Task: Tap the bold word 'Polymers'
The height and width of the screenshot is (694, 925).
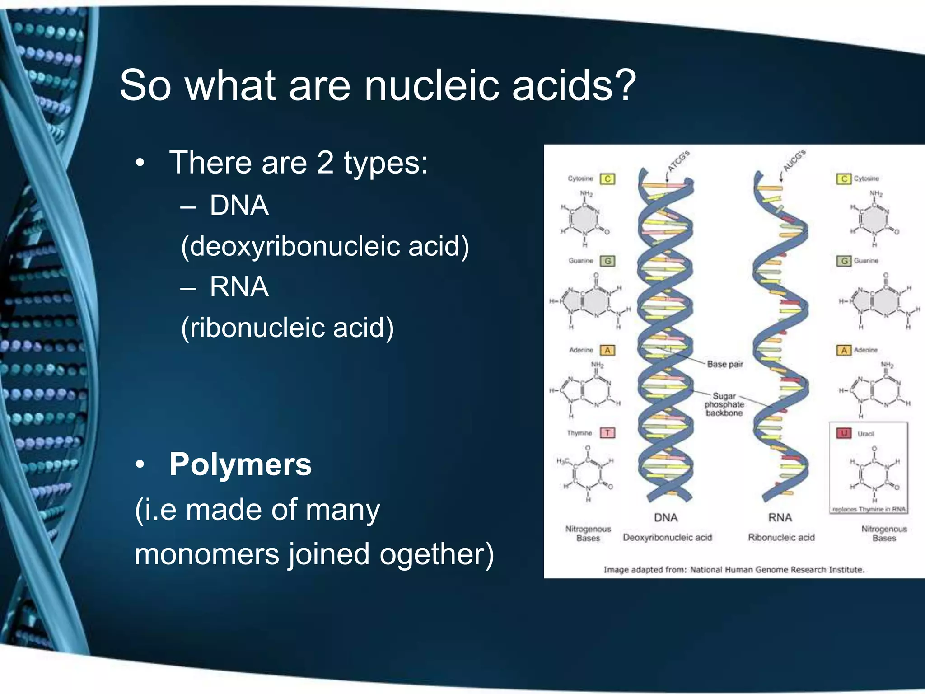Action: point(240,464)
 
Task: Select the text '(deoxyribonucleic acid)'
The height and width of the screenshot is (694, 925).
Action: point(325,247)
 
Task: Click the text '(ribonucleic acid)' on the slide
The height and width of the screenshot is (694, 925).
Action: point(287,328)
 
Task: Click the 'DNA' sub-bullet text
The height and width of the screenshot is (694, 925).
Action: point(239,206)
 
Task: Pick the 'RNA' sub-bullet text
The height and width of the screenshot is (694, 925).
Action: point(239,287)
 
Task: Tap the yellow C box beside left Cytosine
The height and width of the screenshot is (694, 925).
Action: point(607,179)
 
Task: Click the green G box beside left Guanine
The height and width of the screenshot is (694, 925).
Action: point(607,261)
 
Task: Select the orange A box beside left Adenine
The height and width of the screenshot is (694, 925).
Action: point(607,350)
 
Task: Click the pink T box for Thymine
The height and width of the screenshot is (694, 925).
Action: point(607,433)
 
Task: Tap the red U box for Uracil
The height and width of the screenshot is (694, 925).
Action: point(843,433)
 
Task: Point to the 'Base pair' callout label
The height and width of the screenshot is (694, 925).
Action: point(724,364)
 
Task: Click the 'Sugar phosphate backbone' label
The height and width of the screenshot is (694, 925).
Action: point(724,404)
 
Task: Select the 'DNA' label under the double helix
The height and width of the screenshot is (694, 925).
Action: point(666,517)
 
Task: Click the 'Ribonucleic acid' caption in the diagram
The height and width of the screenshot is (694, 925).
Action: point(781,538)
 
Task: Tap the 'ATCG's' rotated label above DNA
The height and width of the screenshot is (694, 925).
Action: point(679,161)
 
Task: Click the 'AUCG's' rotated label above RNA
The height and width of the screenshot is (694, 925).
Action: point(794,160)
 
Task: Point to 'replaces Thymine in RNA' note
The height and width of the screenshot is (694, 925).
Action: point(869,509)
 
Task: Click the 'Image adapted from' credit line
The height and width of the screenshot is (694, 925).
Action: point(734,570)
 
